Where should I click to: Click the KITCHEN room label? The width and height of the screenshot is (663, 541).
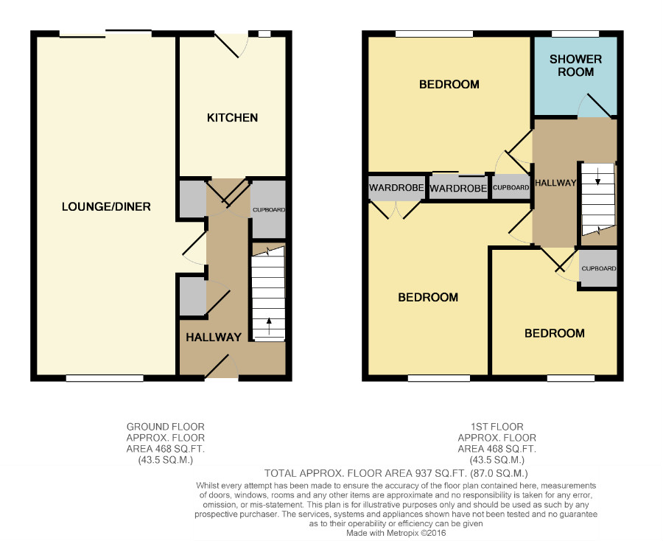pos(232,118)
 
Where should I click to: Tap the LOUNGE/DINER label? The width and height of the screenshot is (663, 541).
pos(106,206)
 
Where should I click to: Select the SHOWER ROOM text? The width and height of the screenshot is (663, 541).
pos(575,66)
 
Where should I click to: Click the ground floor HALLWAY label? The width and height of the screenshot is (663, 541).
pos(214,337)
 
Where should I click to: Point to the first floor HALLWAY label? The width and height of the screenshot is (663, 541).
pos(555,183)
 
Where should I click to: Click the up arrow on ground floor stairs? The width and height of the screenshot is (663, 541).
pos(269,327)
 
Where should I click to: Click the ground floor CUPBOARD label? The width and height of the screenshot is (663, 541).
pos(269,210)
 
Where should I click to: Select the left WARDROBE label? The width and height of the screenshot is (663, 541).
pos(396,187)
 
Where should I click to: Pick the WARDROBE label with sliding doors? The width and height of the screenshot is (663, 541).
pos(458,188)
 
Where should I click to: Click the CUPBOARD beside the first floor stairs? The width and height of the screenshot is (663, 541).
pos(599,268)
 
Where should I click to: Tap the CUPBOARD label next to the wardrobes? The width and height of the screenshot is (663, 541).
pos(511,187)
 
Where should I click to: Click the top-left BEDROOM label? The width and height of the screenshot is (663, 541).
pos(449,85)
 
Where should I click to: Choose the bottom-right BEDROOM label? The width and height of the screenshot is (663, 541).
pos(554,333)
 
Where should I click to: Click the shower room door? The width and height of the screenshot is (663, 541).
pos(598,105)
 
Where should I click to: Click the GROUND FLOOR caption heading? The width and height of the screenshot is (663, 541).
pos(165,426)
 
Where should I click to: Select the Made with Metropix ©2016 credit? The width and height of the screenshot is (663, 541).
pos(396,533)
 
